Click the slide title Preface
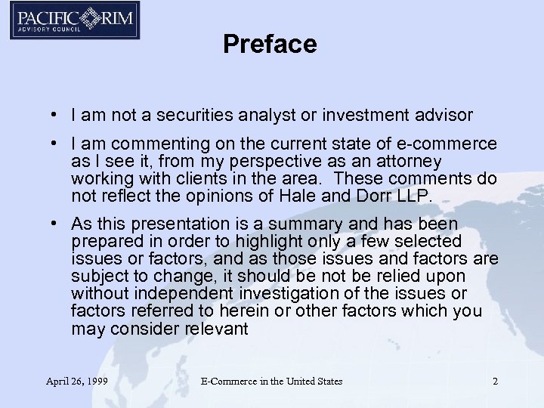click(270, 45)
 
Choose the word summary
click(308, 224)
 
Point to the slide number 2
click(495, 382)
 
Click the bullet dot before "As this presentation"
click(57, 224)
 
